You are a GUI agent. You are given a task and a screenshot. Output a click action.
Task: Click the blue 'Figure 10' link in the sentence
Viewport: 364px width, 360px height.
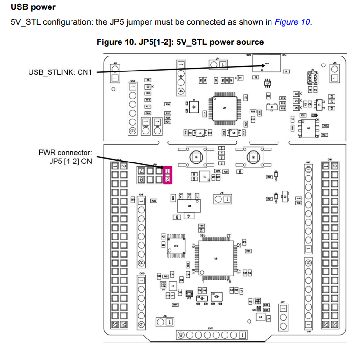pos(292,22)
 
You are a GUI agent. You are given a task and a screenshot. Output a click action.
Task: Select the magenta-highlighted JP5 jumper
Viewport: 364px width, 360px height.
pos(168,174)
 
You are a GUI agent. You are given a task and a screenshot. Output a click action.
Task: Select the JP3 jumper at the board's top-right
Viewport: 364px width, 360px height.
pos(334,73)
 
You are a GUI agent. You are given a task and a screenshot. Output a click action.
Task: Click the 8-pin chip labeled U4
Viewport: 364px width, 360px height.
pos(308,127)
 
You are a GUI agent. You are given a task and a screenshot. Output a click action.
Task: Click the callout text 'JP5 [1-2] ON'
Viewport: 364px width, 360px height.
pos(69,161)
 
